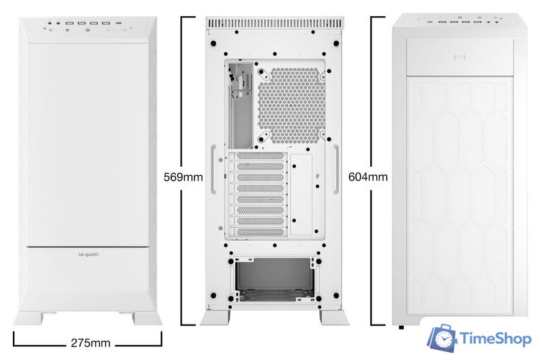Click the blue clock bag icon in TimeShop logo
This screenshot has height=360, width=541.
[442, 339]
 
